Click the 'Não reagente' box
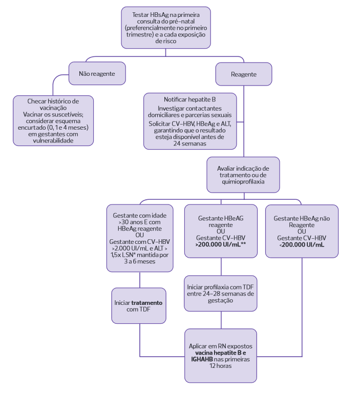pos(97,74)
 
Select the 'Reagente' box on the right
pos(244,74)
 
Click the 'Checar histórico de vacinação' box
pos(54,120)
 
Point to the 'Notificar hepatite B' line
pos(189,99)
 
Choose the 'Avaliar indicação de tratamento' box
pos(243,175)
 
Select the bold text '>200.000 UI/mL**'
pos(221,245)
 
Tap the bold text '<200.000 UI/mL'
pos(301,245)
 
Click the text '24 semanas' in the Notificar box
pos(189,143)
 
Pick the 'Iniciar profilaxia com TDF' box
pos(221,293)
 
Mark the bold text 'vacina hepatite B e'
pos(221,353)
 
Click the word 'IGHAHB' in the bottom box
pos(202,360)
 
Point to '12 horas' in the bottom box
pos(221,366)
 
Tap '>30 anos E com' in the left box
pos(140,223)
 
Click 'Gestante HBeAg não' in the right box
pos(301,218)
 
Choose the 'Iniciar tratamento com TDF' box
pos(139,305)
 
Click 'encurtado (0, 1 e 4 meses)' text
pos(54,127)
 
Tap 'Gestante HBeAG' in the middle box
pos(221,218)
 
